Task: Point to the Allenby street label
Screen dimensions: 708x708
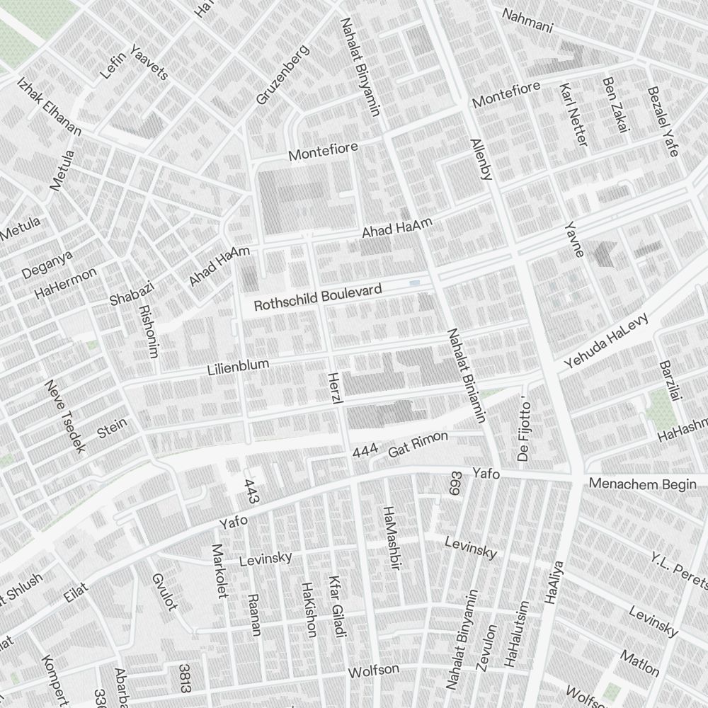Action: pos(480,159)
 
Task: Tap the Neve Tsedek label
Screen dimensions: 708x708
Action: pos(64,417)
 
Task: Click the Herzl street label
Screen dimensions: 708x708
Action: pos(336,388)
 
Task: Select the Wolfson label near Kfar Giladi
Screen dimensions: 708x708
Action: pos(373,670)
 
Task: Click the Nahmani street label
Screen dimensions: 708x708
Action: pos(527,21)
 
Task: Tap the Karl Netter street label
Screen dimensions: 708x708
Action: pos(573,115)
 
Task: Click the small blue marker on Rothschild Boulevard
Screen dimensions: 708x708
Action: pos(414,283)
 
